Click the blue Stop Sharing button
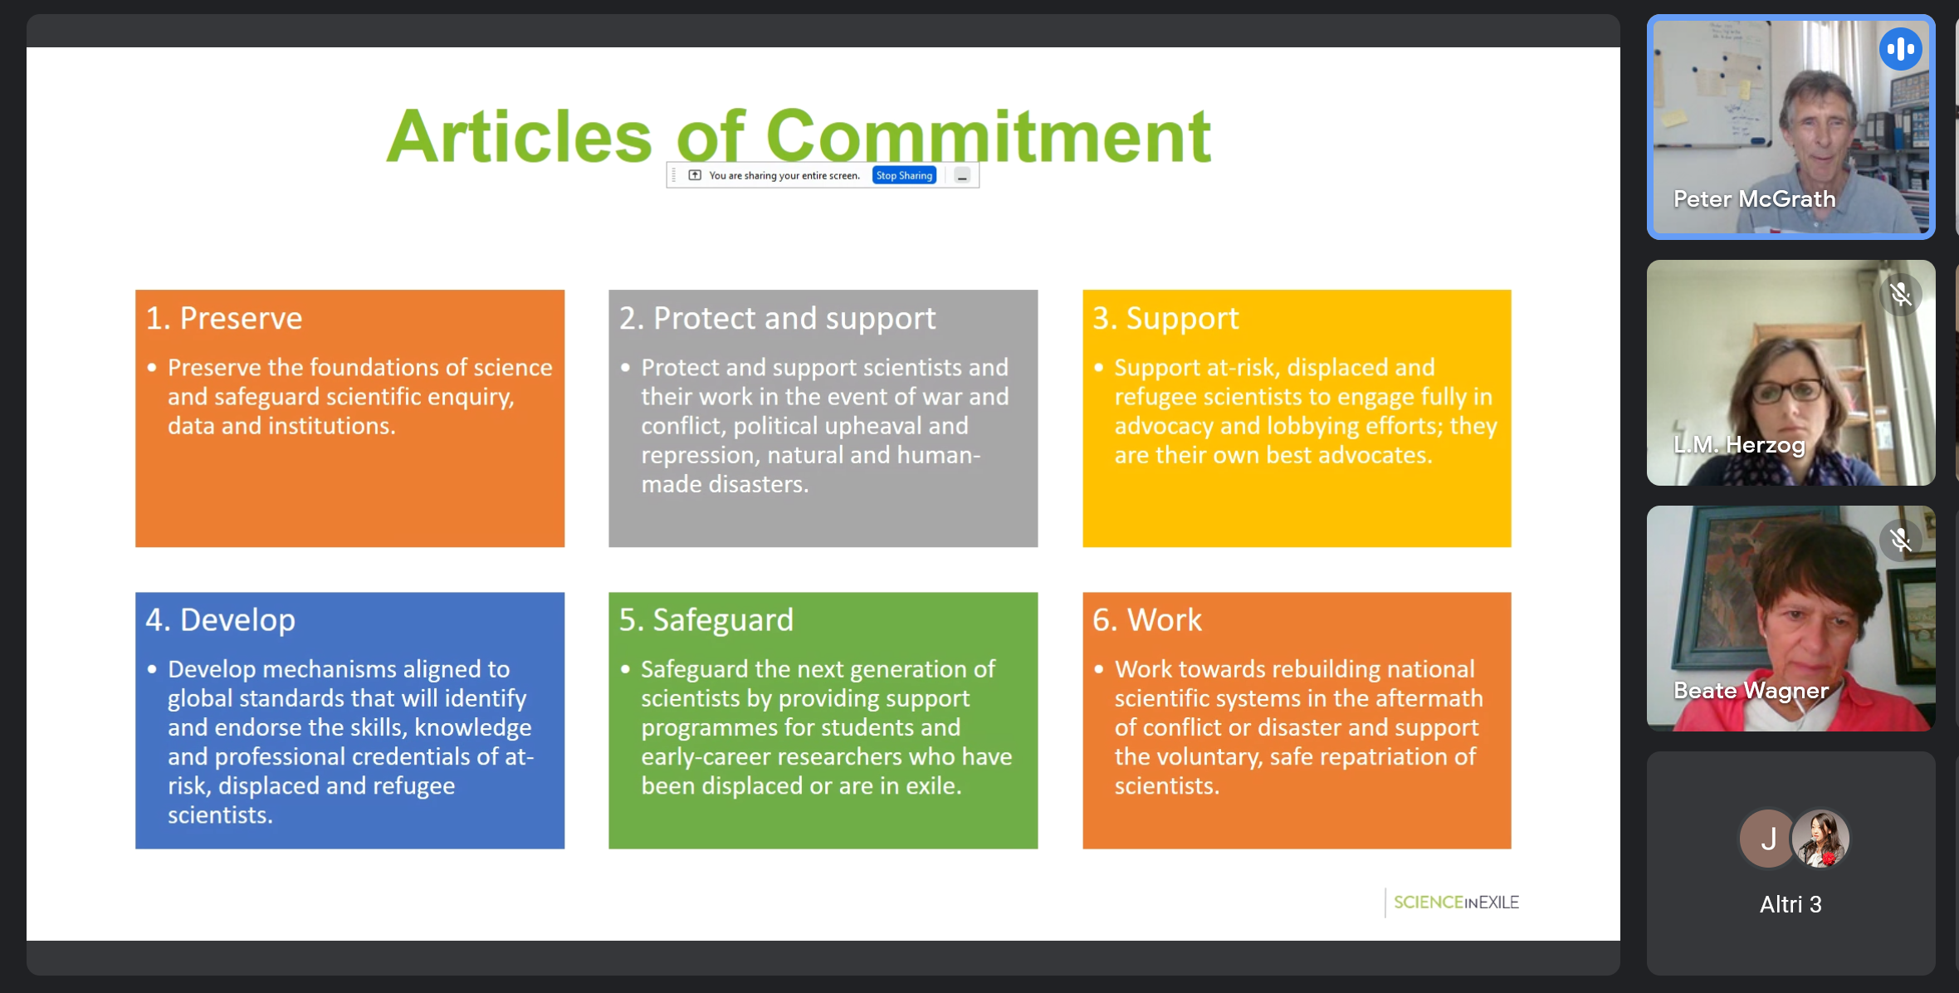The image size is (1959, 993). pyautogui.click(x=904, y=175)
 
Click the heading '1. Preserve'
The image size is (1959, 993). pyautogui.click(x=224, y=319)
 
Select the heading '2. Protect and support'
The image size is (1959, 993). pyautogui.click(x=777, y=319)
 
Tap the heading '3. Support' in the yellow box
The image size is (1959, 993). pyautogui.click(x=1165, y=319)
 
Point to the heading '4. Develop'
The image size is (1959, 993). pyautogui.click(x=220, y=620)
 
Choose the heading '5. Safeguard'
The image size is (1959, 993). pyautogui.click(x=706, y=620)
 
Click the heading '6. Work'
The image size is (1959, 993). pyautogui.click(x=1146, y=620)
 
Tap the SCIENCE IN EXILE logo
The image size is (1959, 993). pyautogui.click(x=1456, y=903)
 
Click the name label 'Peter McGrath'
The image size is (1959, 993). pyautogui.click(x=1754, y=199)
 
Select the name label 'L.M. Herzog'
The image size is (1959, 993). pyautogui.click(x=1739, y=446)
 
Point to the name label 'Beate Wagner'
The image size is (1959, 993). pyautogui.click(x=1751, y=691)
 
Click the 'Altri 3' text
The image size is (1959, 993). pyautogui.click(x=1790, y=904)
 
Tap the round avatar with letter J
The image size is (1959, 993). pyautogui.click(x=1767, y=839)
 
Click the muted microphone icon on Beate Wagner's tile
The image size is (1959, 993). pyautogui.click(x=1901, y=541)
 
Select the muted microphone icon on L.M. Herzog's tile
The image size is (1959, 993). pyautogui.click(x=1901, y=295)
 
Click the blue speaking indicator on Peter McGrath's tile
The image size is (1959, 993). pyautogui.click(x=1901, y=49)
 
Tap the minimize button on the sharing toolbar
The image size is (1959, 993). pyautogui.click(x=962, y=176)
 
